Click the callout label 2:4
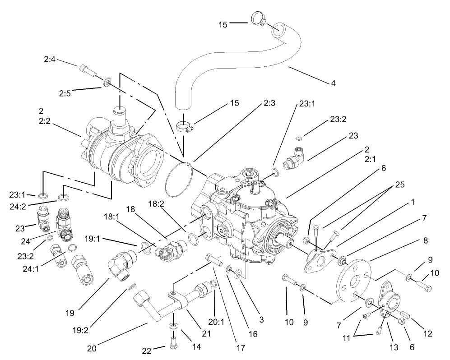coord(50,59)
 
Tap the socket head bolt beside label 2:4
coord(88,70)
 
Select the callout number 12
coord(427,334)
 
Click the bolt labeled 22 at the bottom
coord(173,342)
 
